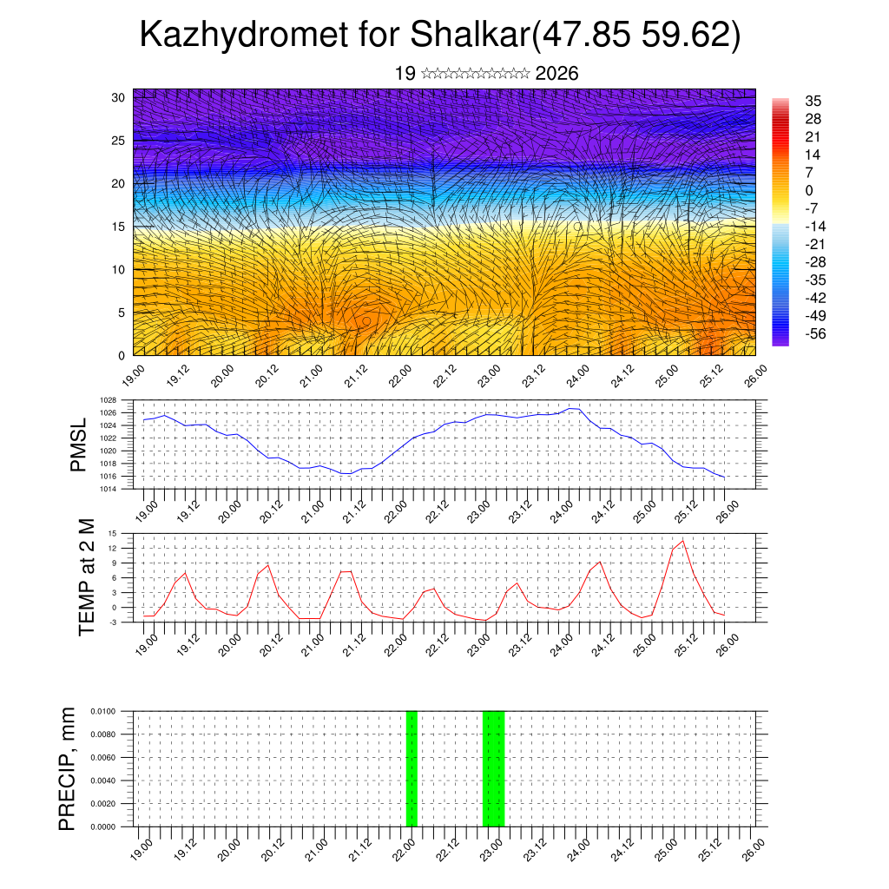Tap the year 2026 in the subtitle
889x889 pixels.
(557, 74)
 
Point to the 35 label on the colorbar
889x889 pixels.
(813, 101)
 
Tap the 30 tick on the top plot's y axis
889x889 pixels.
(118, 97)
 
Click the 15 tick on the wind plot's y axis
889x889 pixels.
(118, 227)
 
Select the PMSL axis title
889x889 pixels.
(79, 444)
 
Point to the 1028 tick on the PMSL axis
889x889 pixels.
(108, 400)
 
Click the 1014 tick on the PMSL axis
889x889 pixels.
(108, 490)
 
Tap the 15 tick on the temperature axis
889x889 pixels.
(112, 533)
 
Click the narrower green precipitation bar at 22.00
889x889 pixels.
(412, 768)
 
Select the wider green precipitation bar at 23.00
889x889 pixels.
(493, 768)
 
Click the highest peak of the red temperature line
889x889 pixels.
(683, 541)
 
